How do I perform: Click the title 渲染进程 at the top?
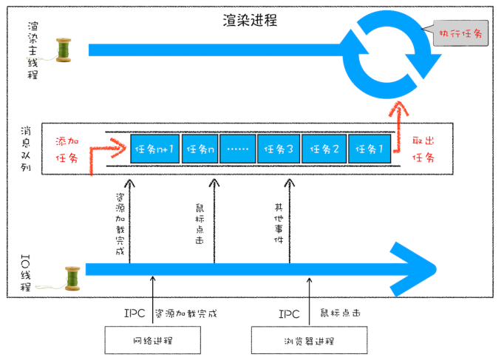(250, 20)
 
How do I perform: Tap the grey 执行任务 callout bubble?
(460, 33)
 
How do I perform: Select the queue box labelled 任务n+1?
(154, 149)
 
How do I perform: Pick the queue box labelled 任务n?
(200, 149)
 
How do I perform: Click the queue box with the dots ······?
(238, 149)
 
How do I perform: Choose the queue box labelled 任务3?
(278, 149)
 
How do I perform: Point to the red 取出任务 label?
(423, 149)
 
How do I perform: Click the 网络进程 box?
(152, 341)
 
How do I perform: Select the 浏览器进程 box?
(309, 341)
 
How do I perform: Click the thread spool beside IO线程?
(72, 277)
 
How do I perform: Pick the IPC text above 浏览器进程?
(289, 313)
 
